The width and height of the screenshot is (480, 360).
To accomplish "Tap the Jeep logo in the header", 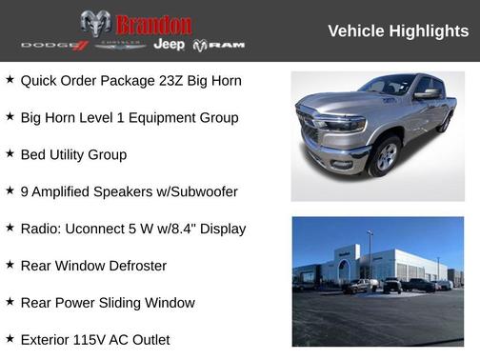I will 170,45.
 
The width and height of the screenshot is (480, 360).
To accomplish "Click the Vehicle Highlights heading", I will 398,31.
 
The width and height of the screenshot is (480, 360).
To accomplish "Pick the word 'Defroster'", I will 133,266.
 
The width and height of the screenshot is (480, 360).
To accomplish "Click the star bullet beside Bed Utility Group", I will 10,153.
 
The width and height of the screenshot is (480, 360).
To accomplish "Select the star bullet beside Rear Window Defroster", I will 10,265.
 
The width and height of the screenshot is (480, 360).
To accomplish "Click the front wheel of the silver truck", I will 385,156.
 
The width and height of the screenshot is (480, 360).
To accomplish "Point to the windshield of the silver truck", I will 388,86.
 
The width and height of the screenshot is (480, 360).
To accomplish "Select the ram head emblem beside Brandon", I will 95,24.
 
